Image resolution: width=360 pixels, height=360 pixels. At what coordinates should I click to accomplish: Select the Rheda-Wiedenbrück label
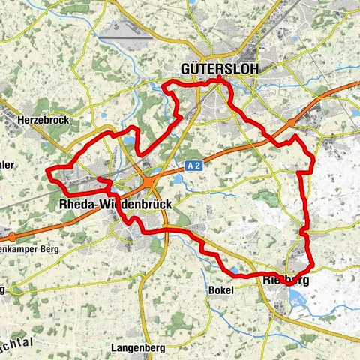click(x=115, y=203)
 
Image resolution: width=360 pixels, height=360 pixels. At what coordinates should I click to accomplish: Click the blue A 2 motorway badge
click(x=191, y=163)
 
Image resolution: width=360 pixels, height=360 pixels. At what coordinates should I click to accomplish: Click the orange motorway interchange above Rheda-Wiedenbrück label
click(x=150, y=181)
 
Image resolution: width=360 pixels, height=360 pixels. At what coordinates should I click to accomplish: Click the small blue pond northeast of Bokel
click(x=238, y=271)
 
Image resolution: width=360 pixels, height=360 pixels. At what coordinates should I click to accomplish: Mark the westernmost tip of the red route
click(x=47, y=172)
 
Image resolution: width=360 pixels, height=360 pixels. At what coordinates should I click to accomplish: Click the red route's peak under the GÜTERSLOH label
click(x=218, y=79)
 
